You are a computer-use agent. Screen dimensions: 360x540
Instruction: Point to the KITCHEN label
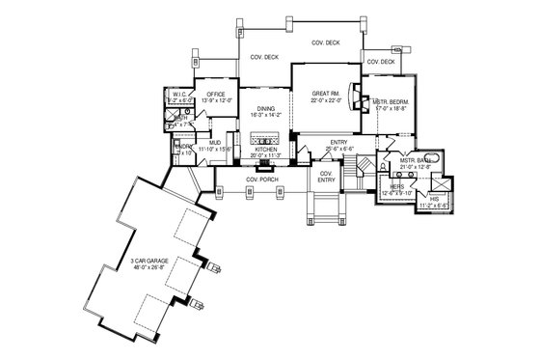click(265, 150)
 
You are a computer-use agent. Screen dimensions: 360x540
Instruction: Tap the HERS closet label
click(396, 186)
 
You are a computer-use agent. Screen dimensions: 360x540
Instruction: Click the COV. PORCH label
click(262, 178)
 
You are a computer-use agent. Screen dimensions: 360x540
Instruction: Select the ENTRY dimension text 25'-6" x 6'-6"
click(337, 150)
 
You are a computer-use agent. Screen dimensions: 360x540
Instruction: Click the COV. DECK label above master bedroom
click(380, 62)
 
